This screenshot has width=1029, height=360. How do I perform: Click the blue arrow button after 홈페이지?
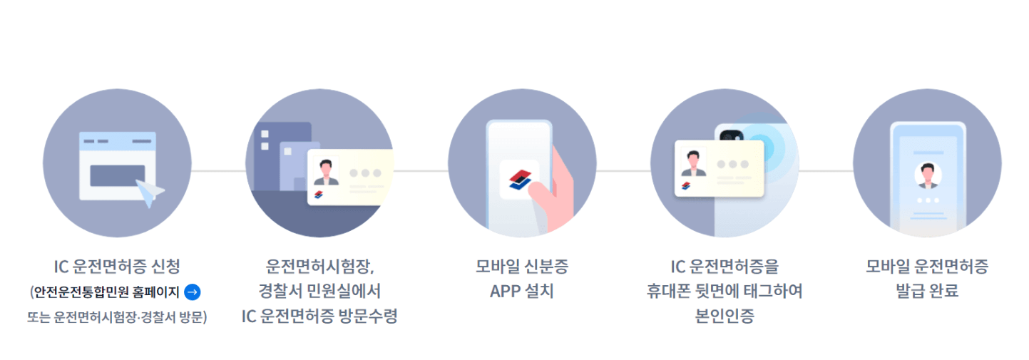tap(192, 292)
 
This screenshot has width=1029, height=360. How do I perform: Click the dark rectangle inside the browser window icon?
tap(117, 175)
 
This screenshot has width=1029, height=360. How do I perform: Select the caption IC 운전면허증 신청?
tap(117, 267)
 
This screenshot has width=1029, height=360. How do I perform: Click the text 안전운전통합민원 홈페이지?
tap(106, 292)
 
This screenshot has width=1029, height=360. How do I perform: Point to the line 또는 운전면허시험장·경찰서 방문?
tap(117, 317)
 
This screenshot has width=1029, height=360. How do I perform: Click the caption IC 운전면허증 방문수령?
tap(319, 317)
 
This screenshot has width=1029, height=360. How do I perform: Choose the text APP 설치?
tap(521, 292)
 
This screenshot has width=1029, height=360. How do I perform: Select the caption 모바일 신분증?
tap(521, 267)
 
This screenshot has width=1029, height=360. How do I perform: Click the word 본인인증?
tap(724, 317)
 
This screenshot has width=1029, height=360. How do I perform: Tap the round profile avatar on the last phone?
tap(927, 175)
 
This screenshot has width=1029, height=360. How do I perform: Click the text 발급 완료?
tap(927, 292)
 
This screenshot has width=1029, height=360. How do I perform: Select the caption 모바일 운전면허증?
tap(927, 267)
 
